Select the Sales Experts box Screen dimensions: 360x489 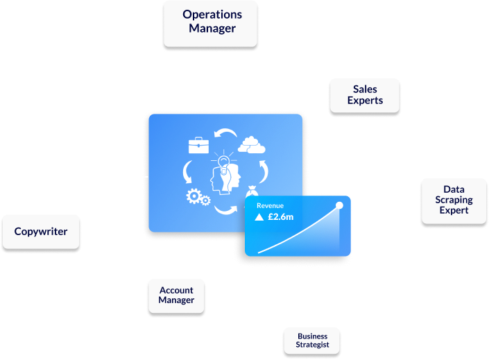pos(365,95)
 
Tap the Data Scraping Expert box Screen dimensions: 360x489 pos(454,200)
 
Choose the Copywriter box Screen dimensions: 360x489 pos(41,231)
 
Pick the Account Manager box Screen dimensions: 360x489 pos(176,295)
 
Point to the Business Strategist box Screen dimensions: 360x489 pos(311,340)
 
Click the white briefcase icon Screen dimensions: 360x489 pos(199,145)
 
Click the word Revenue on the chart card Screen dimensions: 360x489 pos(270,206)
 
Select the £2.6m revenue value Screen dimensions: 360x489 pos(280,217)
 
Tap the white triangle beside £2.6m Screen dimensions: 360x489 pos(259,217)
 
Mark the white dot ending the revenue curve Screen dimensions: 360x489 pos(339,205)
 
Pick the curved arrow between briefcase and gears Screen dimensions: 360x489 pos(187,171)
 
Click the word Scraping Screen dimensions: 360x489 pos(454,200)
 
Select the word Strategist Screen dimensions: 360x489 pos(311,345)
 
